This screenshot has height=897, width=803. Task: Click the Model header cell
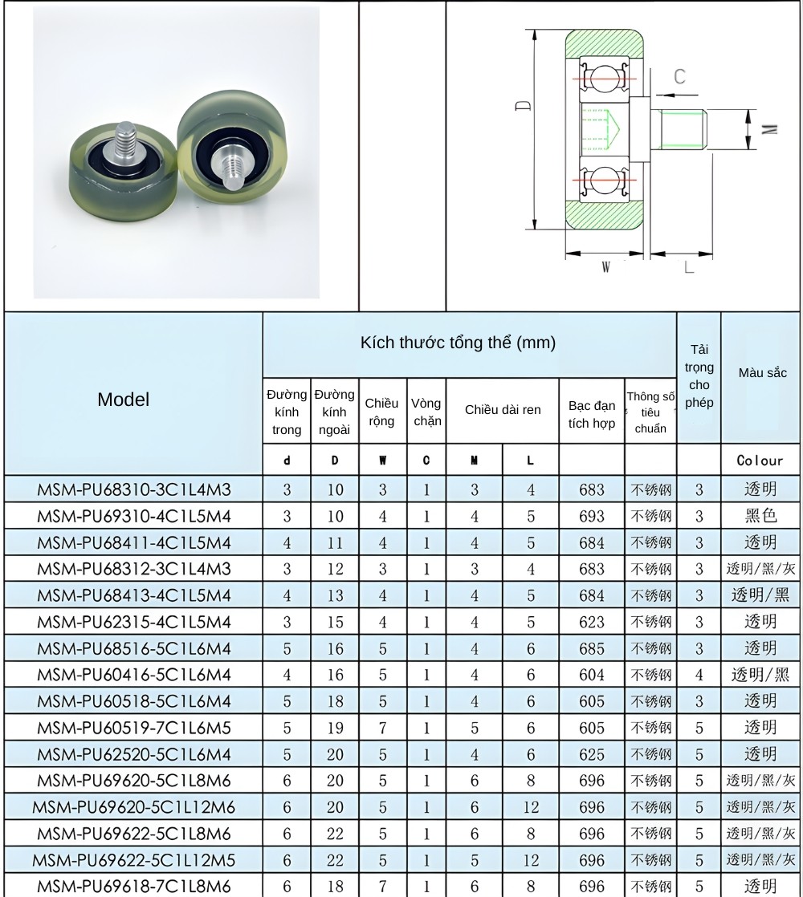click(x=123, y=400)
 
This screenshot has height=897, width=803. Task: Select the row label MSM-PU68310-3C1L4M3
click(x=134, y=489)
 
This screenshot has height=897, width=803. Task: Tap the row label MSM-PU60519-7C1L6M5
click(x=134, y=728)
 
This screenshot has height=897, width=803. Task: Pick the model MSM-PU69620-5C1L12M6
click(x=134, y=807)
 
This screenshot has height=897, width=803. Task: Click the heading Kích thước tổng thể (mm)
click(x=458, y=343)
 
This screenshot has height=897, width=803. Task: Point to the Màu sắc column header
click(x=762, y=373)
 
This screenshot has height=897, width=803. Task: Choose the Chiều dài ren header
click(x=503, y=410)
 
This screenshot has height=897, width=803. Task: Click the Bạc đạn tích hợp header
click(x=592, y=414)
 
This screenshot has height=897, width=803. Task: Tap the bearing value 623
click(x=592, y=622)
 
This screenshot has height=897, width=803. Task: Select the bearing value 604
click(x=592, y=675)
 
